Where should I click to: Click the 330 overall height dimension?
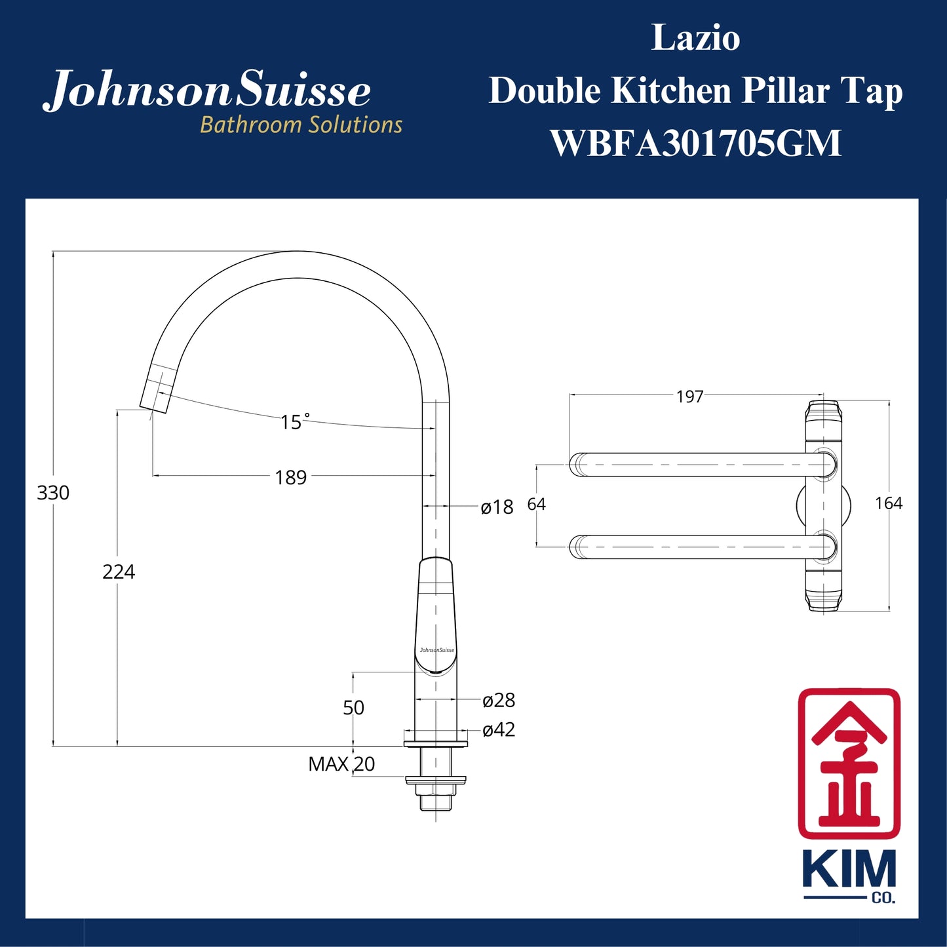[x=53, y=493]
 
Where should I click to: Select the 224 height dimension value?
[x=119, y=572]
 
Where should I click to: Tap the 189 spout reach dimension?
[x=291, y=478]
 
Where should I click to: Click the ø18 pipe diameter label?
[x=497, y=507]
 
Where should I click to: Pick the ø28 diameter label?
[x=499, y=701]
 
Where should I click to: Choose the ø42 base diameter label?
[x=499, y=729]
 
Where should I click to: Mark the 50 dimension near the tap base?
[x=353, y=708]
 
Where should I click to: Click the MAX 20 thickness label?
[x=341, y=764]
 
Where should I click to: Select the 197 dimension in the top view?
[x=689, y=396]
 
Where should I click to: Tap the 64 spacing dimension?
[x=536, y=504]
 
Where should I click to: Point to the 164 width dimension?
[x=889, y=503]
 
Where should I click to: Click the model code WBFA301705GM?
[x=695, y=143]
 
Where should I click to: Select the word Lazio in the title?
[x=695, y=38]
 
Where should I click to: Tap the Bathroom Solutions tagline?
[x=301, y=125]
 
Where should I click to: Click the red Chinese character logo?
[x=849, y=763]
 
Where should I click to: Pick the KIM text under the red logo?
[x=849, y=870]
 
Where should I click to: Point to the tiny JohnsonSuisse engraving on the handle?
[x=436, y=650]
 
